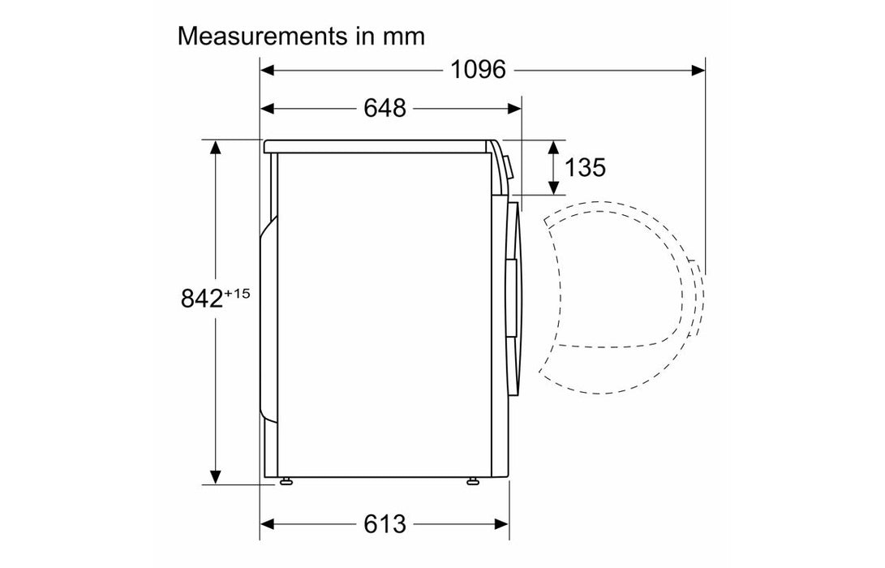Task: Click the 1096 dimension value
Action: [478, 70]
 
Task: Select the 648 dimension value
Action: [385, 108]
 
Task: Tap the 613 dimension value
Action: [385, 524]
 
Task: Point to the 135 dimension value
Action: [585, 167]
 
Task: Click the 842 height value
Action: [201, 298]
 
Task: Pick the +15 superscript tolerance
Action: [237, 294]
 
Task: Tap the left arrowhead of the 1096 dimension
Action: [267, 70]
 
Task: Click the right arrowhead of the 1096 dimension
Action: [698, 70]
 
